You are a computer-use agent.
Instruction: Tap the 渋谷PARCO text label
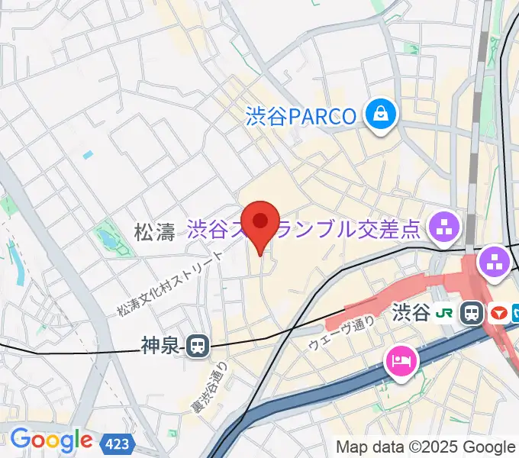[x=301, y=116]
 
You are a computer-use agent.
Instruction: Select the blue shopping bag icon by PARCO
[x=379, y=115]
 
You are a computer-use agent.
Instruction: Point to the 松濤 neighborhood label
[x=155, y=232]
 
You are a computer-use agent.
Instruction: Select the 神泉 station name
[x=160, y=346]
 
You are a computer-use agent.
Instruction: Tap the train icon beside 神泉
[x=198, y=346]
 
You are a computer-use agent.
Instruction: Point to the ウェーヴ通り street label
[x=341, y=334]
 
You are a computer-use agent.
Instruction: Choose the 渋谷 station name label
[x=411, y=312]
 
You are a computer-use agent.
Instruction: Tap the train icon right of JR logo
[x=472, y=313]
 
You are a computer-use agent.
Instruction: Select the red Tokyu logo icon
[x=499, y=313]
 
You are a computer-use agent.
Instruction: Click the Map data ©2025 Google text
[x=426, y=447]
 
